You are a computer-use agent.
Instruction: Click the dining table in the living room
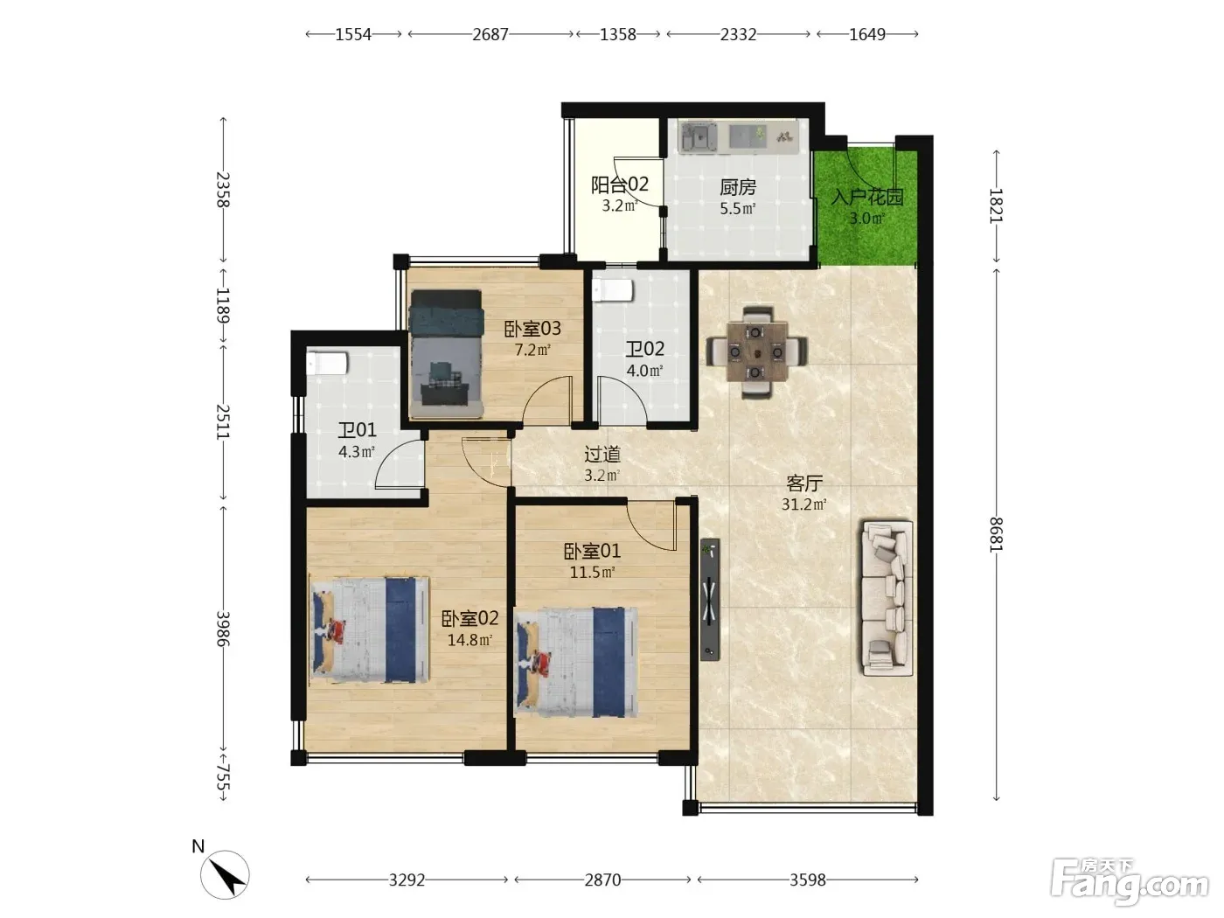[x=756, y=352]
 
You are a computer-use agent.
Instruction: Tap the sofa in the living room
[x=887, y=598]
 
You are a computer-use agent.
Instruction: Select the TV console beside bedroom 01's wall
[x=710, y=599]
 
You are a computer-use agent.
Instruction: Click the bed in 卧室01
[x=576, y=662]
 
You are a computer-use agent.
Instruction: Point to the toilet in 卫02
[x=612, y=290]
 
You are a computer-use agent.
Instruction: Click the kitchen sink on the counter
[x=698, y=137]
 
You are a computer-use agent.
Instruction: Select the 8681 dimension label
[x=996, y=534]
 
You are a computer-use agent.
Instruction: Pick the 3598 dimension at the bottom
[x=808, y=880]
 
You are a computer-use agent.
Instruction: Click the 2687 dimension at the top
[x=490, y=35]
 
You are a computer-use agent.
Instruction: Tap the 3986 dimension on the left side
[x=223, y=629]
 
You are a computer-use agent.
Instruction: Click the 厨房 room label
[x=738, y=187]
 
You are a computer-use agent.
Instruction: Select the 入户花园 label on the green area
[x=867, y=197]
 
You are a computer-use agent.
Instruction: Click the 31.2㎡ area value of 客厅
[x=803, y=504]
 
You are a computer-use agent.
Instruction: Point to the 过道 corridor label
[x=602, y=455]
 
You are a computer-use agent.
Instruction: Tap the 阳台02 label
[x=620, y=184]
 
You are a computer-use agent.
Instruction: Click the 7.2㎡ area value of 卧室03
[x=532, y=350]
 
